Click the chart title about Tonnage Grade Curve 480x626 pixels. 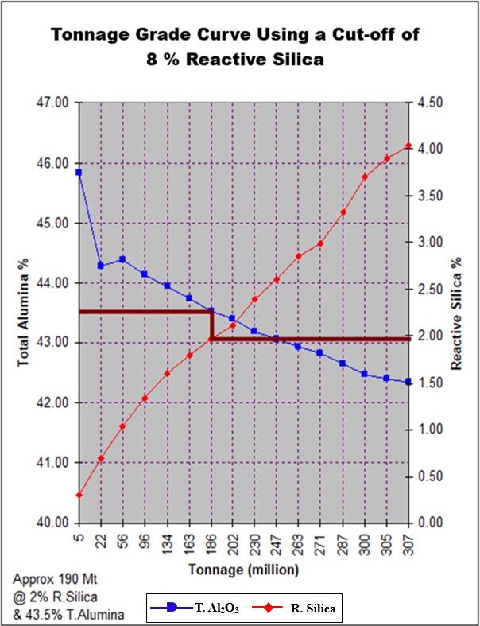(x=235, y=47)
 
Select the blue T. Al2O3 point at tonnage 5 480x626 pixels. (x=79, y=172)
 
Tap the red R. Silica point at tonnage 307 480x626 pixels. (x=408, y=146)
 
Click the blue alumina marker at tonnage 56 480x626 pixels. (x=122, y=259)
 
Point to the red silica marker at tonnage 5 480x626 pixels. (x=79, y=495)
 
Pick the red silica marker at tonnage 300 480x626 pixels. (x=365, y=177)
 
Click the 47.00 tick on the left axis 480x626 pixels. (x=53, y=103)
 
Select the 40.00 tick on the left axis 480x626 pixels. (x=53, y=523)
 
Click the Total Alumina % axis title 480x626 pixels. (x=24, y=312)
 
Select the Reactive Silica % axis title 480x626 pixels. (x=458, y=313)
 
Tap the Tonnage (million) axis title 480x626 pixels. (x=243, y=570)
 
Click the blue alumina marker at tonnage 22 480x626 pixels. (x=101, y=266)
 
